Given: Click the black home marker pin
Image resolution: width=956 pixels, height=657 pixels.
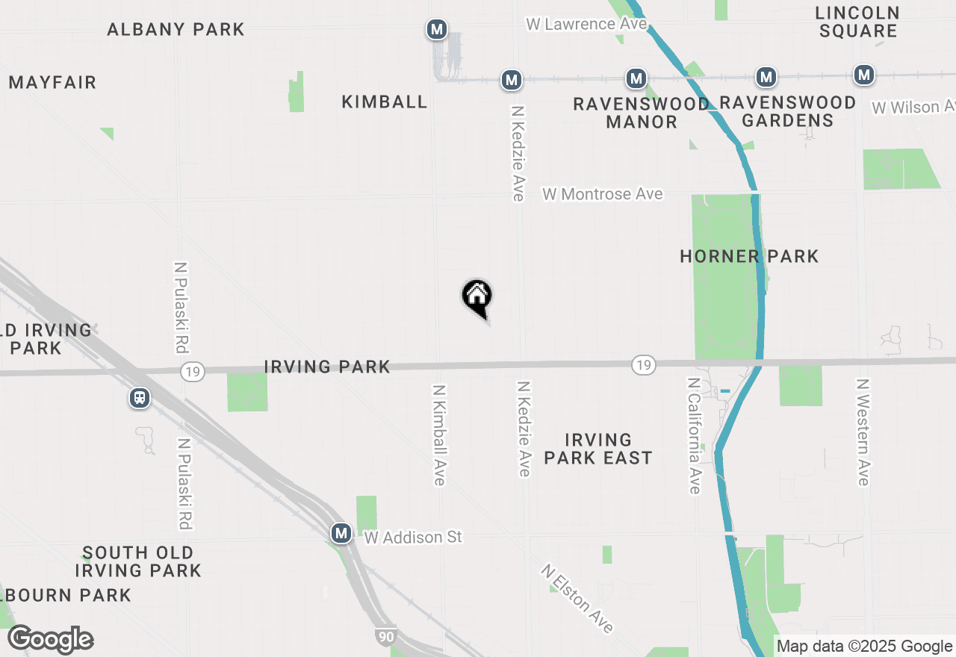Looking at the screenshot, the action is (477, 296).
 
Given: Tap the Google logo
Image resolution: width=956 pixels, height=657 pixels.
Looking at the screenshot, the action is (50, 639).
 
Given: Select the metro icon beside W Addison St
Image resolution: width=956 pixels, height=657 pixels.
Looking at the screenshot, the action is (341, 533).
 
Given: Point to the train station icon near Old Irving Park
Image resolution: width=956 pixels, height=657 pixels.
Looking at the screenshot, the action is (140, 398).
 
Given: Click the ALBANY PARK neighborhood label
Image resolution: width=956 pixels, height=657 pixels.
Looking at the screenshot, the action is (176, 30).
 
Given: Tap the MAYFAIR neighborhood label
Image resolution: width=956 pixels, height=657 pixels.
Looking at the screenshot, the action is (53, 83).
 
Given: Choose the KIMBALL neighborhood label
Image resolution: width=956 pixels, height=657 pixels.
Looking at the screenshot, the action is (385, 102).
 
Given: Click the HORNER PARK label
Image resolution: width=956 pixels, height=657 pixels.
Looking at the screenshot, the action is (749, 257).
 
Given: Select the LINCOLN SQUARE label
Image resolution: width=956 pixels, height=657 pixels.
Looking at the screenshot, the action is (857, 22).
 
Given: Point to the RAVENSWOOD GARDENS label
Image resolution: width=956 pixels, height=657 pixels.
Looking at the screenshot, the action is (788, 111).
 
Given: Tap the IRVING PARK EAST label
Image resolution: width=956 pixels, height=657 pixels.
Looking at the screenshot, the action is (598, 449).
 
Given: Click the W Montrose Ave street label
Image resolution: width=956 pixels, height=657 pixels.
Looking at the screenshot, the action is (603, 194).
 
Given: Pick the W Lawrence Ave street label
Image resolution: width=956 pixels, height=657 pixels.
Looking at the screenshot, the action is (586, 24).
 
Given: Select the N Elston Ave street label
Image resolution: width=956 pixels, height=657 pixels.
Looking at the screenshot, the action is (578, 599).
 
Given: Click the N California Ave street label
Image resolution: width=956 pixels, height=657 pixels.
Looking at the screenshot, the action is (695, 435).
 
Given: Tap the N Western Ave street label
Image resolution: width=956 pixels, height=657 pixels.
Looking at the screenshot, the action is (863, 432).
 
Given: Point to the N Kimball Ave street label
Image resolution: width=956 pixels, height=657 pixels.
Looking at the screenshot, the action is (439, 435).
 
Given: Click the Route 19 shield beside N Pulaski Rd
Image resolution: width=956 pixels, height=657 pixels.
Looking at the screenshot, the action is (193, 371).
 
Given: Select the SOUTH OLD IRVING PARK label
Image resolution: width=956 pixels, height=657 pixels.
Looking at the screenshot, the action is (138, 561).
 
